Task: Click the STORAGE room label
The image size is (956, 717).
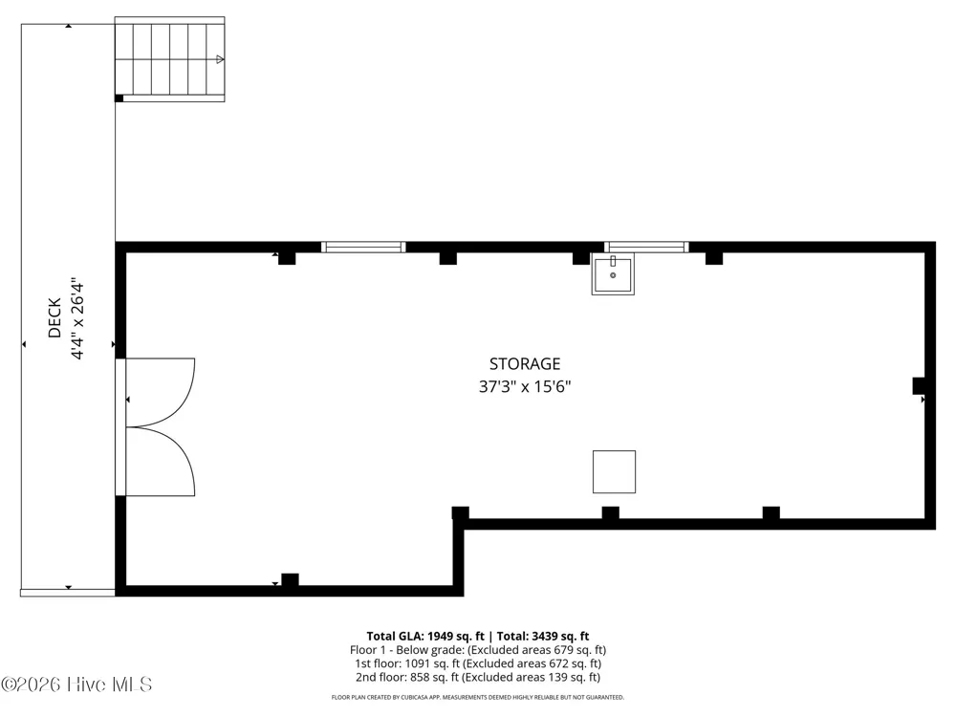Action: tap(524, 364)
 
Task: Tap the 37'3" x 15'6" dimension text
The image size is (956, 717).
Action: tap(524, 386)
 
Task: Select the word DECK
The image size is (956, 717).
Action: tap(54, 317)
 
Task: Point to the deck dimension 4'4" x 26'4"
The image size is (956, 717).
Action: tap(76, 319)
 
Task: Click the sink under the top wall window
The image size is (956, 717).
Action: tap(613, 273)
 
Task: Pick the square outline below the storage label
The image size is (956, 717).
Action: tap(614, 472)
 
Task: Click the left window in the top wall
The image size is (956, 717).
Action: tap(363, 247)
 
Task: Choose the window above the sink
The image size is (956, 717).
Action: tap(647, 247)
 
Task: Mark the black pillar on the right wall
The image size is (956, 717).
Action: tap(919, 386)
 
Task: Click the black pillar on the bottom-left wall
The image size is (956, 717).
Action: tap(290, 580)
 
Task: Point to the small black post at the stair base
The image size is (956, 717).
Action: tap(119, 98)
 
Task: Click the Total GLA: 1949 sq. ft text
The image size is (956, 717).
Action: tap(425, 637)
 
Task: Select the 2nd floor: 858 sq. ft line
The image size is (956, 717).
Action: tap(478, 677)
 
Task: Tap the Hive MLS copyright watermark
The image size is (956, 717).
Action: tap(76, 684)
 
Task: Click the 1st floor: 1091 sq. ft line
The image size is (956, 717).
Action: tap(478, 663)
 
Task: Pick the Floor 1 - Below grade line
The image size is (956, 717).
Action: tap(478, 650)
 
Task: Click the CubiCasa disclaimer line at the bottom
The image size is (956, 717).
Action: tap(478, 697)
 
